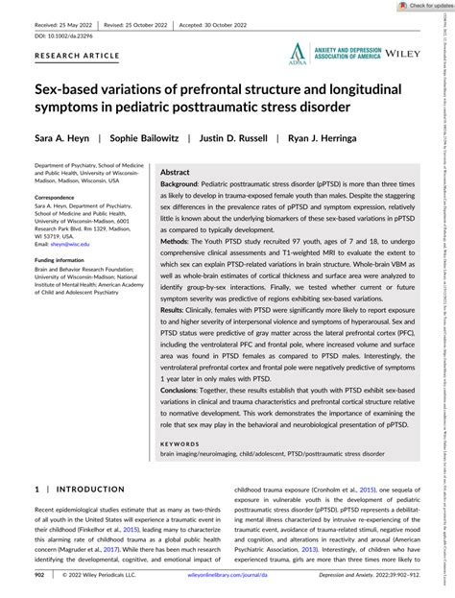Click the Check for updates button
pyautogui.click(x=418, y=6)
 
